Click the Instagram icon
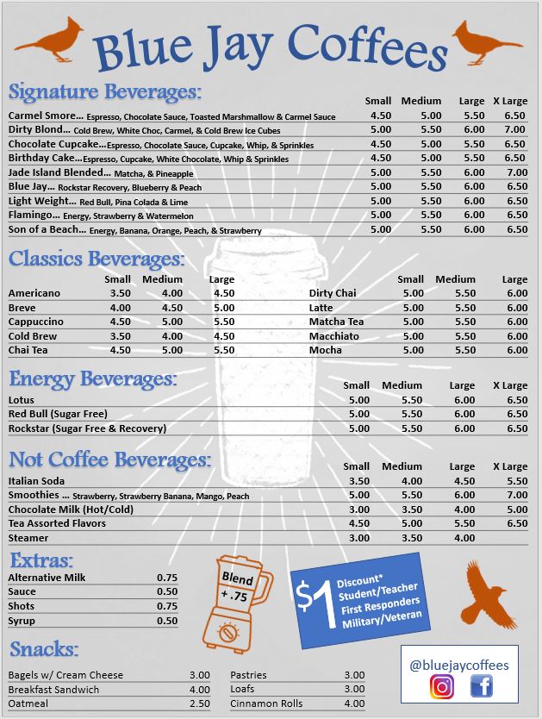pyautogui.click(x=442, y=687)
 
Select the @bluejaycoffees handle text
pyautogui.click(x=459, y=665)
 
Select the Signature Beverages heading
pyautogui.click(x=105, y=91)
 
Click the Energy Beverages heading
pyautogui.click(x=93, y=378)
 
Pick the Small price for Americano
pyautogui.click(x=121, y=293)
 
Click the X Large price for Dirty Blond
pyautogui.click(x=515, y=129)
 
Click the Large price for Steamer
pyautogui.click(x=464, y=538)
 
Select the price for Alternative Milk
pyautogui.click(x=167, y=578)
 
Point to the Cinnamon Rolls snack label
pyautogui.click(x=266, y=703)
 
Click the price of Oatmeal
pyautogui.click(x=199, y=703)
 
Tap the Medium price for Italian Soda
pyautogui.click(x=412, y=481)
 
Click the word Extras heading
pyautogui.click(x=41, y=559)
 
